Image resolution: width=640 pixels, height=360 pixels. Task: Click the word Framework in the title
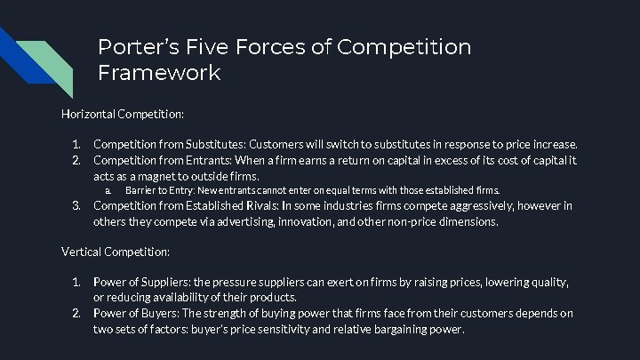click(159, 73)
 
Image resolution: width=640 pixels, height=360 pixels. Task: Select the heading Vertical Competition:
click(116, 252)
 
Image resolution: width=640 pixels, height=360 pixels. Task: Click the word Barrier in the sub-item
click(139, 190)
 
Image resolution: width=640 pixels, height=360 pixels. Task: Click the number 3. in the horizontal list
click(76, 206)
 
